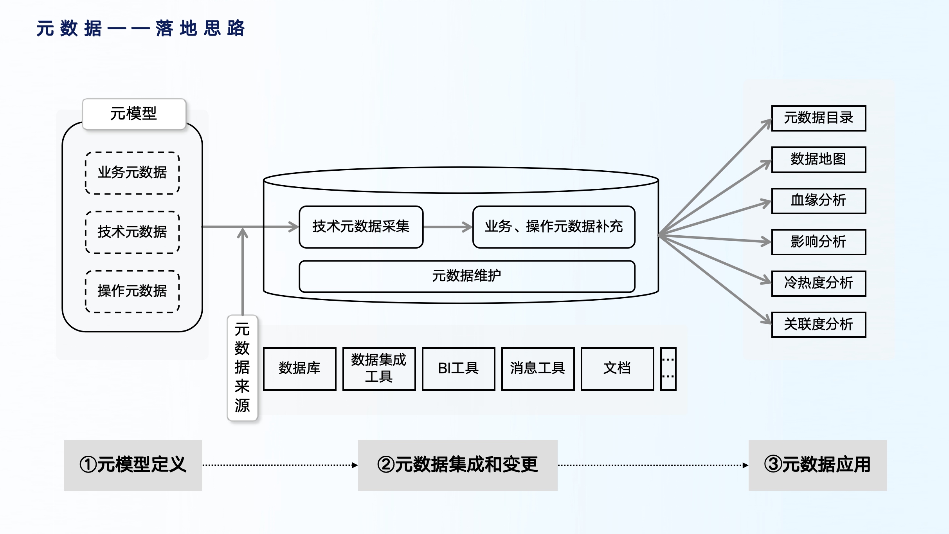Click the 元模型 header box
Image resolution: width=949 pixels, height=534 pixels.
[x=134, y=114]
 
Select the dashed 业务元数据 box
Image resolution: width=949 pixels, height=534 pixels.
[x=132, y=173]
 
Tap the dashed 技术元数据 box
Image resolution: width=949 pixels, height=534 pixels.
[x=132, y=232]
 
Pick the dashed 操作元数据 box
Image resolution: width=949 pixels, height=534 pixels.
[x=132, y=291]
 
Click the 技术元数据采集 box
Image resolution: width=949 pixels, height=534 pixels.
[x=361, y=227]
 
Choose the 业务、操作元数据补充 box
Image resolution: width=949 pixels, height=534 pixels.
[x=553, y=227]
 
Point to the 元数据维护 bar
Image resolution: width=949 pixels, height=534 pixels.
[x=466, y=276]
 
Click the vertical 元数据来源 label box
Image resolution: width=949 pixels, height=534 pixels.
[x=242, y=368]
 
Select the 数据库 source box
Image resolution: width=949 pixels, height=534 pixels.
[x=299, y=368]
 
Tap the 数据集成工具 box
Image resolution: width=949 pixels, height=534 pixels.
[x=379, y=368]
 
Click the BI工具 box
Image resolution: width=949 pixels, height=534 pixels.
[x=458, y=368]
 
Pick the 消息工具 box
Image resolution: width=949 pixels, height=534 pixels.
[x=538, y=368]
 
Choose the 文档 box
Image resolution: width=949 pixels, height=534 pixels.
[x=617, y=368]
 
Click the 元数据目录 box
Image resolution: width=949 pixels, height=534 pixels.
[x=818, y=118]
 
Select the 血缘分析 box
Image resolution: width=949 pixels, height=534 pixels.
[x=818, y=201]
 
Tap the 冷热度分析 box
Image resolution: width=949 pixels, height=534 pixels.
[x=818, y=283]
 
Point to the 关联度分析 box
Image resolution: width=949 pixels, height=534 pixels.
[x=818, y=325]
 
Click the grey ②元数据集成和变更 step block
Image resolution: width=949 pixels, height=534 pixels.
[x=457, y=465]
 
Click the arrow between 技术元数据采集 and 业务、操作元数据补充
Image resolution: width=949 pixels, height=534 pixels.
[x=448, y=227]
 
